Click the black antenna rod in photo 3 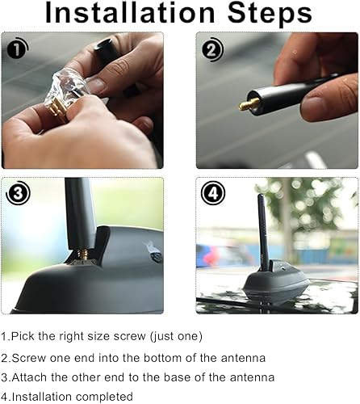[x=79, y=210]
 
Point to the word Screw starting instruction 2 [x=29, y=356]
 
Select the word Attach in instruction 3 [x=31, y=377]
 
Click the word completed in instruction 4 [x=103, y=397]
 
